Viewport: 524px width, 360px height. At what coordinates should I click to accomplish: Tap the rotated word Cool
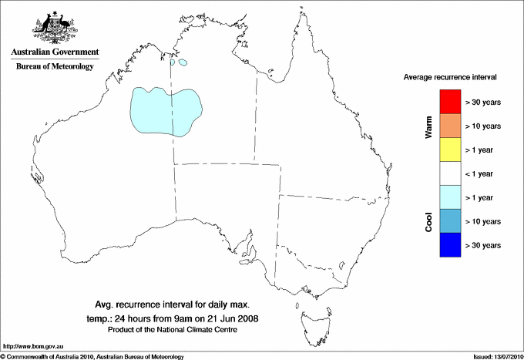pos(429,220)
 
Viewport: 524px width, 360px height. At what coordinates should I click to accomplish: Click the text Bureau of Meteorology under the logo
pos(55,66)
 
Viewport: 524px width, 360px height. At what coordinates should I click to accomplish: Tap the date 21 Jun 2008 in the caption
pos(233,318)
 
